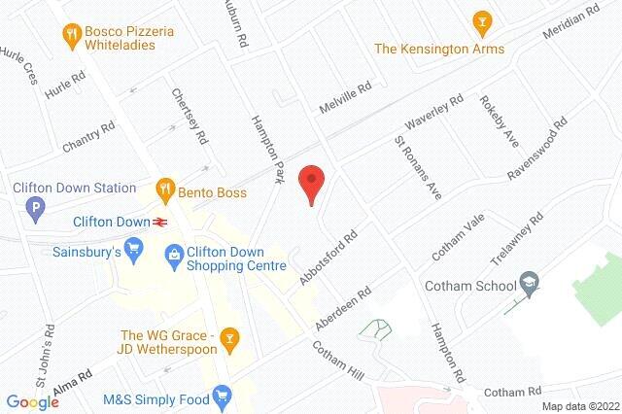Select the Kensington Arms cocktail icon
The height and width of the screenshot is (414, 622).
tap(478, 20)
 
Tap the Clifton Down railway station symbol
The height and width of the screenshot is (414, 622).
tap(158, 221)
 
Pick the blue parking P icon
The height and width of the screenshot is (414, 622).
tap(36, 207)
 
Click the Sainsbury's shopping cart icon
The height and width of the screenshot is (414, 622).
tap(136, 253)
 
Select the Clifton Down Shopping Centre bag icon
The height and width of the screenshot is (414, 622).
tap(174, 254)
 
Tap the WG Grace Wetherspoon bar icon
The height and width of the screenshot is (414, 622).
tap(230, 337)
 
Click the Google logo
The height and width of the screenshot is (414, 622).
tap(33, 401)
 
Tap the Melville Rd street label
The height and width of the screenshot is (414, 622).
tap(347, 99)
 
